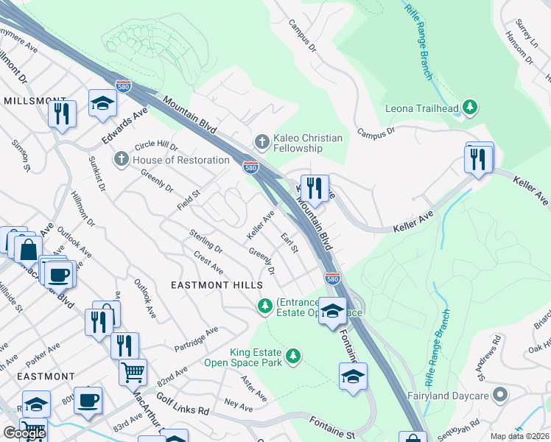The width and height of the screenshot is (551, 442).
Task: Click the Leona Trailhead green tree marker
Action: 469,108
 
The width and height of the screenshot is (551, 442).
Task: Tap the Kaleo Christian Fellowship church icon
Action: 261,140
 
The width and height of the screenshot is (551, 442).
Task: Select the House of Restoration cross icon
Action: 121,159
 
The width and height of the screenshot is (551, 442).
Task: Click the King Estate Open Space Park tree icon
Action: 293,357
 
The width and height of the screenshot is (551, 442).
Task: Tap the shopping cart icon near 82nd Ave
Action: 133,372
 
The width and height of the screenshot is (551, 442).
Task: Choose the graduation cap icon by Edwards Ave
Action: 102,103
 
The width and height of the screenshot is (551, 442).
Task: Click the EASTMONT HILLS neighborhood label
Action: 217,284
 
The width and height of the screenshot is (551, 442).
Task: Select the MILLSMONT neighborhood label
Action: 35,99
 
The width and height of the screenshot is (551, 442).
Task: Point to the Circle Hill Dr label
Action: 157,147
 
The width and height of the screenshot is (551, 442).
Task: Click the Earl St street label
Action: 289,242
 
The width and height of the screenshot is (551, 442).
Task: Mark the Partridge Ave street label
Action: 197,339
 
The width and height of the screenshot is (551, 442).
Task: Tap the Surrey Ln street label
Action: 527,33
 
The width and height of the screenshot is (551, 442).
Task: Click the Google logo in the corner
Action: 24,433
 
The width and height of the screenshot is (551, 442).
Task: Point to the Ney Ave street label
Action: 239,406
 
